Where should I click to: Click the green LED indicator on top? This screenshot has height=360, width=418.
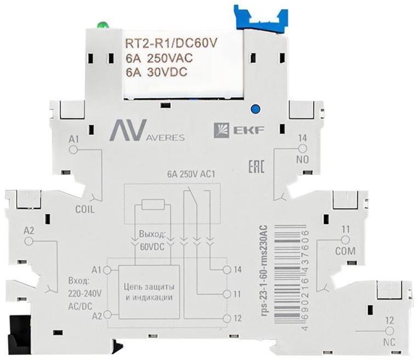102,25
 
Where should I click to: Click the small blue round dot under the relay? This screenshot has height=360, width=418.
256,108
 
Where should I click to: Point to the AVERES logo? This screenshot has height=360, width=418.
147,130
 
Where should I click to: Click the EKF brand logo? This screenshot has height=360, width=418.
239,130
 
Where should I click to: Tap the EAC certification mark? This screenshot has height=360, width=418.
256,167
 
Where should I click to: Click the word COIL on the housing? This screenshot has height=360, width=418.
85,209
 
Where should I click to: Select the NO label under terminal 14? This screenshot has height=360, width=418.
303,160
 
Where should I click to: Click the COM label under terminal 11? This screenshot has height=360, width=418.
345,251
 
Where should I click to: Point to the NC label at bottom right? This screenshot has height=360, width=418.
389,342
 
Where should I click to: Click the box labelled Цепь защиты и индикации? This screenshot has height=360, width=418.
149,292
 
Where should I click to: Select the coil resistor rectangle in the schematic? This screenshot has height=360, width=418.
153,204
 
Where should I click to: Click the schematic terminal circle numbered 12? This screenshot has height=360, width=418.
227,318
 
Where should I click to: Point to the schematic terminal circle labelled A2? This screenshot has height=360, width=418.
107,315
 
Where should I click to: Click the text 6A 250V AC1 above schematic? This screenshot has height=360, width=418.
191,174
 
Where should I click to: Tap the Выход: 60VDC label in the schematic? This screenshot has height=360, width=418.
152,241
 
